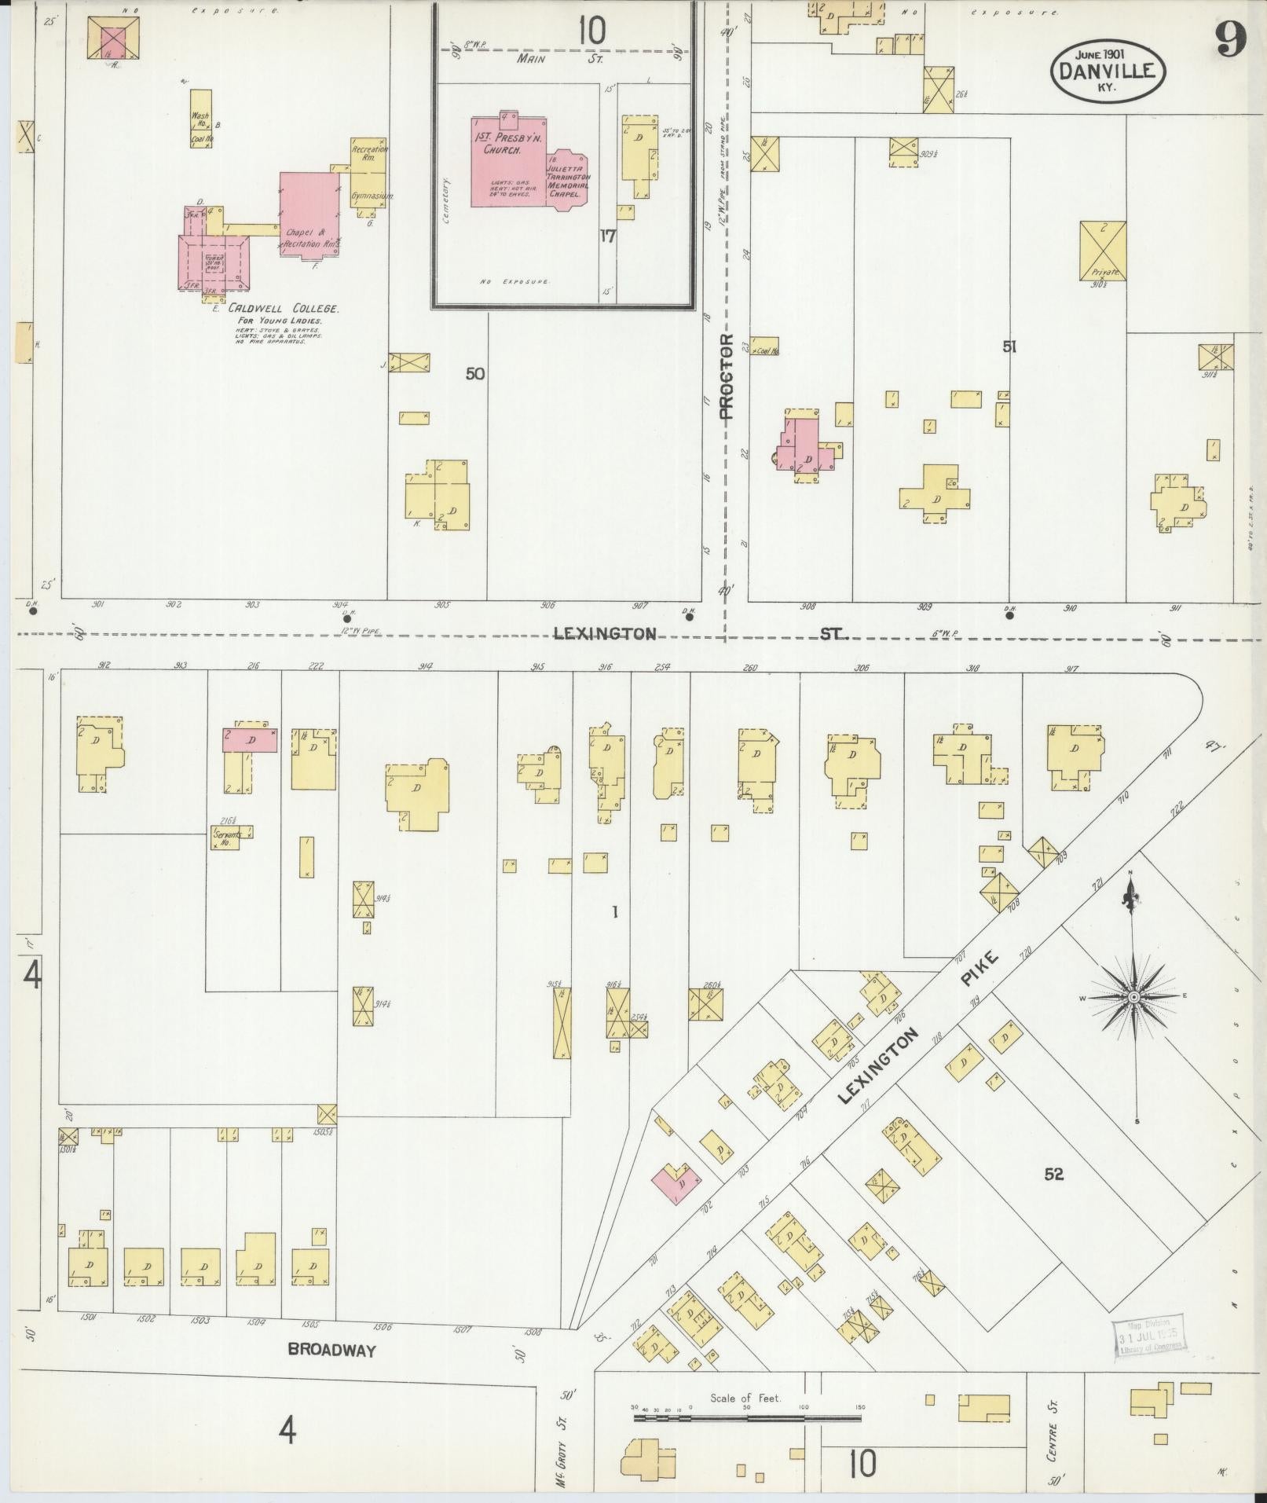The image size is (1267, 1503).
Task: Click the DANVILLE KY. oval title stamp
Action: pyautogui.click(x=1108, y=69)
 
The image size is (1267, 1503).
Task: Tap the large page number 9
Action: pyautogui.click(x=1232, y=39)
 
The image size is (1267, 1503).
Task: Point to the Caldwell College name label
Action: pyautogui.click(x=283, y=309)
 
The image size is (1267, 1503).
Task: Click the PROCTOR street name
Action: pyautogui.click(x=726, y=377)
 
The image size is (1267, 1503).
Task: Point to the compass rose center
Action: pyautogui.click(x=1133, y=997)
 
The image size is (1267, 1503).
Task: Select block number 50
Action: pyautogui.click(x=474, y=374)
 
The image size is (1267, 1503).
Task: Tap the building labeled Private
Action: pyautogui.click(x=1103, y=251)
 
